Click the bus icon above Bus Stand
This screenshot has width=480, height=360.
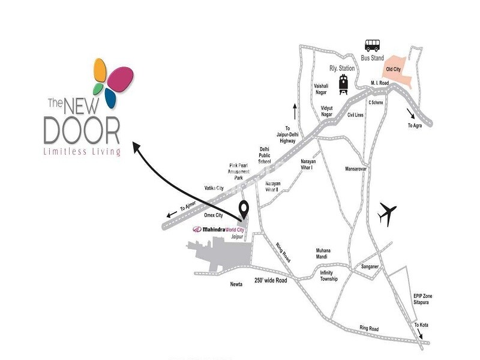tap(373, 45)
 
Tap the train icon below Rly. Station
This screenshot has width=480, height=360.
tap(344, 84)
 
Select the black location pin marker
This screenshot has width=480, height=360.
tap(244, 210)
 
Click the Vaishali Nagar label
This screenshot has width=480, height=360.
tap(322, 89)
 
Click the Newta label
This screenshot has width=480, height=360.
tap(235, 284)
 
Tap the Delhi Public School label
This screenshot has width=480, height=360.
tap(265, 155)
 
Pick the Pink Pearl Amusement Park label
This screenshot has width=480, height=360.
tap(238, 171)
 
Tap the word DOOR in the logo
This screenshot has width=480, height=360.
tap(82, 130)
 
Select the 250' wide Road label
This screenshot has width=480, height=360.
tap(272, 280)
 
